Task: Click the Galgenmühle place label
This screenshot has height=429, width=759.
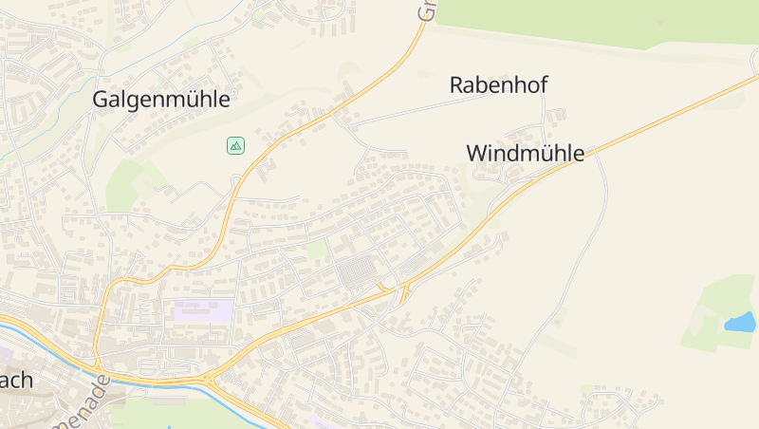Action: tap(161, 99)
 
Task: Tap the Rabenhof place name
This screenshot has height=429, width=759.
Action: tap(498, 84)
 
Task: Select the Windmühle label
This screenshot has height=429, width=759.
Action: tap(525, 153)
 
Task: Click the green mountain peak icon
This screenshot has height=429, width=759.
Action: tap(235, 145)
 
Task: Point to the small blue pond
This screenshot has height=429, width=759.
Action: tap(740, 323)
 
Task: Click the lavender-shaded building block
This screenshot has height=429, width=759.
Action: tap(203, 309)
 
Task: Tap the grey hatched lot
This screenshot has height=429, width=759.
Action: tap(358, 273)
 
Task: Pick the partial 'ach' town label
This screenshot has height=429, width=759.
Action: tap(16, 381)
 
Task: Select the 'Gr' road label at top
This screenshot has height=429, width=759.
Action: tap(428, 10)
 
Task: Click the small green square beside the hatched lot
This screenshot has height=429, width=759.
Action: tap(316, 250)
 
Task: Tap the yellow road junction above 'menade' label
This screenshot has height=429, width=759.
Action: tap(98, 364)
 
